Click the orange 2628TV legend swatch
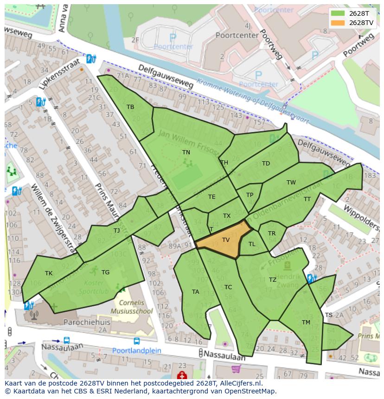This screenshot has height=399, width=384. (x=338, y=22)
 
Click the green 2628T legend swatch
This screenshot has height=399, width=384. (x=338, y=13)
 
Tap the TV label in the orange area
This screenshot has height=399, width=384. (x=226, y=240)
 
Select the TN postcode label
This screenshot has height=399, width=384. (x=186, y=152)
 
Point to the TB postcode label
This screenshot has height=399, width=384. (x=130, y=107)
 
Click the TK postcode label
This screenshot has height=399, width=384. (x=49, y=273)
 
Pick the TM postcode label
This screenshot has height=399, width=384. (x=306, y=322)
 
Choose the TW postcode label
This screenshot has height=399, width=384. (x=291, y=182)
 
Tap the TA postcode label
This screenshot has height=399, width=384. (x=195, y=291)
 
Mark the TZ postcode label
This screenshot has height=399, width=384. (x=272, y=279)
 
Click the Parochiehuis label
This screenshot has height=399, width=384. (x=84, y=321)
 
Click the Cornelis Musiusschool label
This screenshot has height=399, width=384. (x=134, y=307)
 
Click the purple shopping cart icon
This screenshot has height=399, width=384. (x=236, y=368)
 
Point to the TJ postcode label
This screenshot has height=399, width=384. (x=116, y=230)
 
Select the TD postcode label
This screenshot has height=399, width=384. (x=266, y=163)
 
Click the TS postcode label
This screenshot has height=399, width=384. (x=328, y=315)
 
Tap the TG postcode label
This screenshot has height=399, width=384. (x=105, y=272)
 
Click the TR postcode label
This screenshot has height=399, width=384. (x=272, y=233)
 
